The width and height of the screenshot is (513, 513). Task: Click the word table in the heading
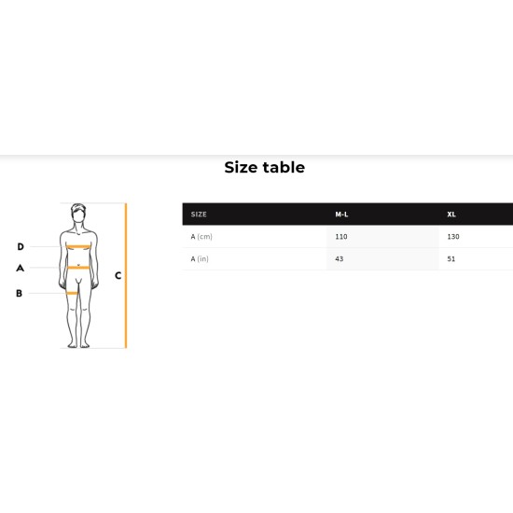pos(284,167)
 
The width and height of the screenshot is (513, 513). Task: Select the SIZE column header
pos(199,215)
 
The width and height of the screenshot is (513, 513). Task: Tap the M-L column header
pos(341,215)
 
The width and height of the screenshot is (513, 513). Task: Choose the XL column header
pos(451,215)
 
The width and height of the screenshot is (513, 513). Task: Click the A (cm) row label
pos(201,237)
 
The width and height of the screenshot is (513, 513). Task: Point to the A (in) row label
pos(200,258)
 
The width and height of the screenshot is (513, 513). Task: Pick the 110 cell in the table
pos(341,237)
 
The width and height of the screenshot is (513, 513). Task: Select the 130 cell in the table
pos(453,237)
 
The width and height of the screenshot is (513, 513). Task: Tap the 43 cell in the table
pos(340,258)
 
